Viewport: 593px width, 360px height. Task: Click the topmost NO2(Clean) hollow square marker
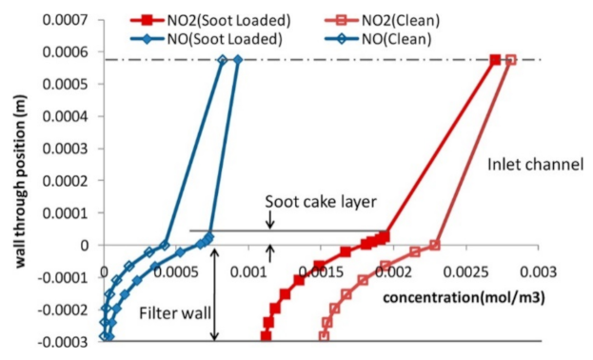(510, 60)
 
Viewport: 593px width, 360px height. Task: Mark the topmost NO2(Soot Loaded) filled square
(496, 60)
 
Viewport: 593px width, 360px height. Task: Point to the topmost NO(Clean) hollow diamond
(222, 60)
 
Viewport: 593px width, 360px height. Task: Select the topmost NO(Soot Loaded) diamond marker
(237, 60)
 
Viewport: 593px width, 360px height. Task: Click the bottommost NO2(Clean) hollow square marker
(324, 336)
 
